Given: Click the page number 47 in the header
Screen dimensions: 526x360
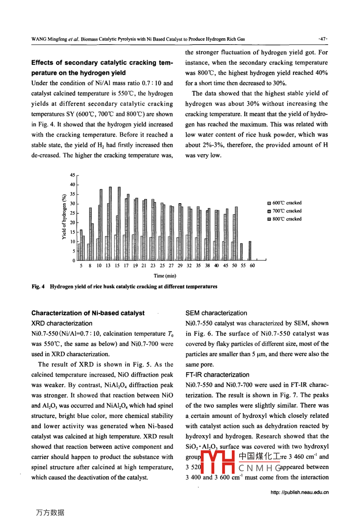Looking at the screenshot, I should tap(323, 39).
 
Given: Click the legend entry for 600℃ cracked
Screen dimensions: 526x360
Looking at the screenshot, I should tap(285, 203).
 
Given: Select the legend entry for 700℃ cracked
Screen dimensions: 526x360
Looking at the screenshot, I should tap(285, 211).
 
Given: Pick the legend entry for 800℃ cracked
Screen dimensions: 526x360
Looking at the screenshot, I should tap(285, 219).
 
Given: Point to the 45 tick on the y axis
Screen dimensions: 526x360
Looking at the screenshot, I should tap(72, 175).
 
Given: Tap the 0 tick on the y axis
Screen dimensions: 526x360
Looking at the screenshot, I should tap(74, 261).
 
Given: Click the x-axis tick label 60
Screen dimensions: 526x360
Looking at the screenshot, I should tap(252, 266).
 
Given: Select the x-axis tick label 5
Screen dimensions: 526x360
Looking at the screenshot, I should tap(81, 266).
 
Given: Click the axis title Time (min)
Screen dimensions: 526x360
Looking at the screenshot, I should tap(165, 276).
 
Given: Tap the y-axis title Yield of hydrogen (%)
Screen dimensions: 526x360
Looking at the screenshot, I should tap(64, 217).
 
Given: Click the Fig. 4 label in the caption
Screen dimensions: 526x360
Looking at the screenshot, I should tap(38, 287).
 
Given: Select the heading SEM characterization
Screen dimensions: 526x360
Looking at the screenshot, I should tap(216, 313).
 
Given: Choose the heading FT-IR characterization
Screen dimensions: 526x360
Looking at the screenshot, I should tap(217, 375).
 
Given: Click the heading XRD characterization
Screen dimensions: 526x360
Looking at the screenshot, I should tap(62, 324).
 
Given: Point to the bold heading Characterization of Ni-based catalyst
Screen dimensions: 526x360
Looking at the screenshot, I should tap(88, 313).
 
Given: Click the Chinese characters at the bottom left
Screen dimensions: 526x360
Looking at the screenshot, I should tap(50, 513).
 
